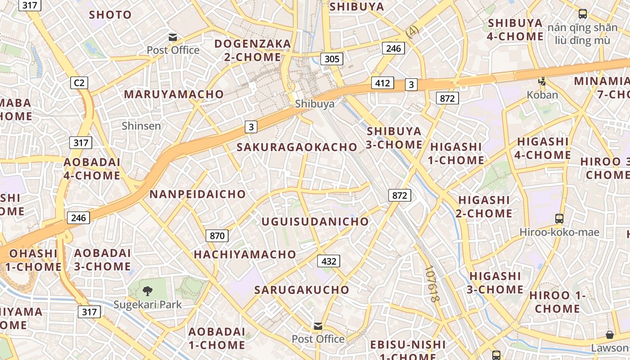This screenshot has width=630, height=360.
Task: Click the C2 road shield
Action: (79, 83)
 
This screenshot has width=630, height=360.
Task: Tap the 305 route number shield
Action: (332, 58)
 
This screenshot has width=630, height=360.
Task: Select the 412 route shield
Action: (382, 83)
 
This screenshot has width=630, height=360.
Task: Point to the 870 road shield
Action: (217, 235)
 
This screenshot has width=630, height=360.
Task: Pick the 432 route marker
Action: (328, 261)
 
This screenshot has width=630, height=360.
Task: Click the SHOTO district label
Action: (110, 15)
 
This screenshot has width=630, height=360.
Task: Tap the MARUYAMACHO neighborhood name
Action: (174, 94)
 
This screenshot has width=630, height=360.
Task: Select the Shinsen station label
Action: (141, 126)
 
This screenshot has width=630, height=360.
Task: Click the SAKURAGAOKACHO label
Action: (297, 147)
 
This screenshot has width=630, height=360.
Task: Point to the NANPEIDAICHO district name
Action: (198, 194)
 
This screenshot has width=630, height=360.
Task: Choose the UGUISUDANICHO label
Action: (315, 222)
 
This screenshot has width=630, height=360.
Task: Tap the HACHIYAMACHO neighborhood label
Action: (245, 255)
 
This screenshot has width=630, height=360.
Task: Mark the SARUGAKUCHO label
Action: (301, 290)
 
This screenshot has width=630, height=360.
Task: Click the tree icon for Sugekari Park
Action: (147, 291)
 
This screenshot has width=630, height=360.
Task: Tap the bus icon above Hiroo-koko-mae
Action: (559, 219)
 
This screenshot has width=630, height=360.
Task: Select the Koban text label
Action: (542, 95)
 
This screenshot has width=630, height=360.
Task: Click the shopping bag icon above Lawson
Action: (610, 335)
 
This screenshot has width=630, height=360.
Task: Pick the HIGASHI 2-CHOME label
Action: (484, 207)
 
